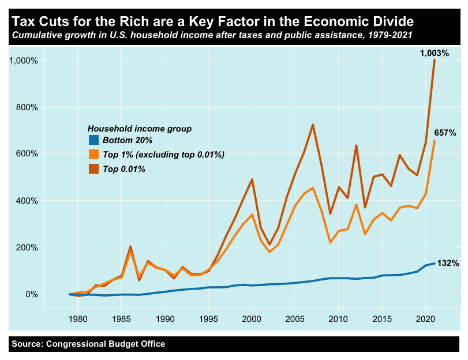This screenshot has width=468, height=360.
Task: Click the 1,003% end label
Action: pyautogui.click(x=434, y=53)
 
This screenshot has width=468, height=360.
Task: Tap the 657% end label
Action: pyautogui.click(x=445, y=133)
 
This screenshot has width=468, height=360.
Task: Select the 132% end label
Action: pyautogui.click(x=448, y=264)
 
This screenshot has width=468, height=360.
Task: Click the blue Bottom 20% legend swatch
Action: pyautogui.click(x=93, y=140)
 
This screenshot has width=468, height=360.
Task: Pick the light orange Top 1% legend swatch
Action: pyautogui.click(x=93, y=155)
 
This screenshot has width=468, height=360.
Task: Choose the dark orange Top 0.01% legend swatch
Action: pyautogui.click(x=93, y=169)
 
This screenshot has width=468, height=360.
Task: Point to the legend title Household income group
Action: pyautogui.click(x=138, y=127)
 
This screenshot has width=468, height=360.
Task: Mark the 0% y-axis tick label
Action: pyautogui.click(x=31, y=294)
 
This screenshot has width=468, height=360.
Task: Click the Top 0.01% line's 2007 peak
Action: pyautogui.click(x=312, y=125)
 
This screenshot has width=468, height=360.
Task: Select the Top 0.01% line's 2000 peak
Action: pyautogui.click(x=252, y=179)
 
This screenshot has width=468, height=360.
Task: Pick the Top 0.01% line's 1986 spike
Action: pyautogui.click(x=130, y=247)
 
